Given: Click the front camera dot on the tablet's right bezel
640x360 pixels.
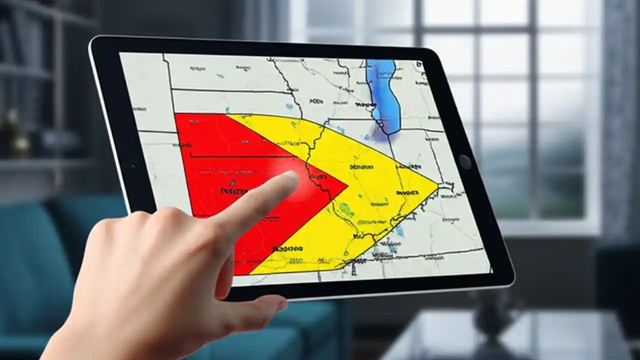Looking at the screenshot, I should (464, 161).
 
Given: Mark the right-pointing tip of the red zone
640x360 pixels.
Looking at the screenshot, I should (347, 186).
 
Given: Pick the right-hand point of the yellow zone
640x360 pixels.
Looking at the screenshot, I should (438, 185).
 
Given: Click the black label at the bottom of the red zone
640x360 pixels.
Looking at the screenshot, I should (287, 248).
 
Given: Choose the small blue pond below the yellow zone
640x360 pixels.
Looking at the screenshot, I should (399, 230).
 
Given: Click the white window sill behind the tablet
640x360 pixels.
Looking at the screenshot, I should (550, 227).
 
